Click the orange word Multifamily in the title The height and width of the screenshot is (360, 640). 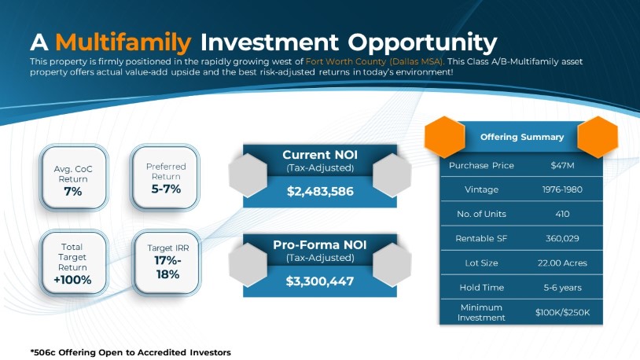point(123,42)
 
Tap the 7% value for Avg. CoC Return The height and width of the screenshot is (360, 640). point(73,191)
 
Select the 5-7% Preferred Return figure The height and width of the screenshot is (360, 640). point(166,189)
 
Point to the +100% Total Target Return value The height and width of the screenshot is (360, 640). point(72,280)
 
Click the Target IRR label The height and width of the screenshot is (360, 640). point(168,248)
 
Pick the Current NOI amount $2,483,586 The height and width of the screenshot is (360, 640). point(320,192)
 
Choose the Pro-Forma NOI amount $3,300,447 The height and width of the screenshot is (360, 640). point(319,281)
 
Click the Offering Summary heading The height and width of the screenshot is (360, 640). point(522,137)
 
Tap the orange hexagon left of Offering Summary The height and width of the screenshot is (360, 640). point(444,137)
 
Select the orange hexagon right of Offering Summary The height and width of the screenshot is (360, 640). point(598,137)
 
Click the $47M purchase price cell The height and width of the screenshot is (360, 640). point(562,165)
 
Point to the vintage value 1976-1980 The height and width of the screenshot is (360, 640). point(562,189)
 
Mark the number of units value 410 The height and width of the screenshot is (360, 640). point(562,214)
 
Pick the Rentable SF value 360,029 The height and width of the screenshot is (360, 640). point(562,238)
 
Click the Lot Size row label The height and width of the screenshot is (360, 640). point(481,263)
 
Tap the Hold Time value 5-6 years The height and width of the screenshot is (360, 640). point(562,288)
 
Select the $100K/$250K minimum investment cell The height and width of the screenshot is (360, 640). point(562,313)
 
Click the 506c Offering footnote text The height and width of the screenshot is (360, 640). point(131,352)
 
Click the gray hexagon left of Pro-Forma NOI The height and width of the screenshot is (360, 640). point(248,265)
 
